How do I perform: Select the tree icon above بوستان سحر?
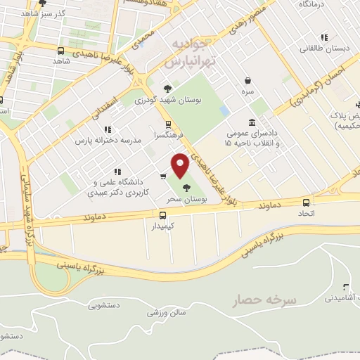(x=186, y=188)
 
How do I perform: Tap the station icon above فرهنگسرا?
(x=167, y=124)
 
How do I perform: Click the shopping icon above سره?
(x=248, y=81)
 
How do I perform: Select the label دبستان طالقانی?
(x=323, y=49)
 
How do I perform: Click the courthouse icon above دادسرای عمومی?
(x=252, y=122)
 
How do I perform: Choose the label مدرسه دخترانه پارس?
(x=110, y=140)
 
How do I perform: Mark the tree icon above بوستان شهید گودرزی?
(x=167, y=89)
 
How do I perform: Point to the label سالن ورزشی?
(x=166, y=311)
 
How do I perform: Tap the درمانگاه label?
(x=314, y=4)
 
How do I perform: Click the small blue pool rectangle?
(x=224, y=111)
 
